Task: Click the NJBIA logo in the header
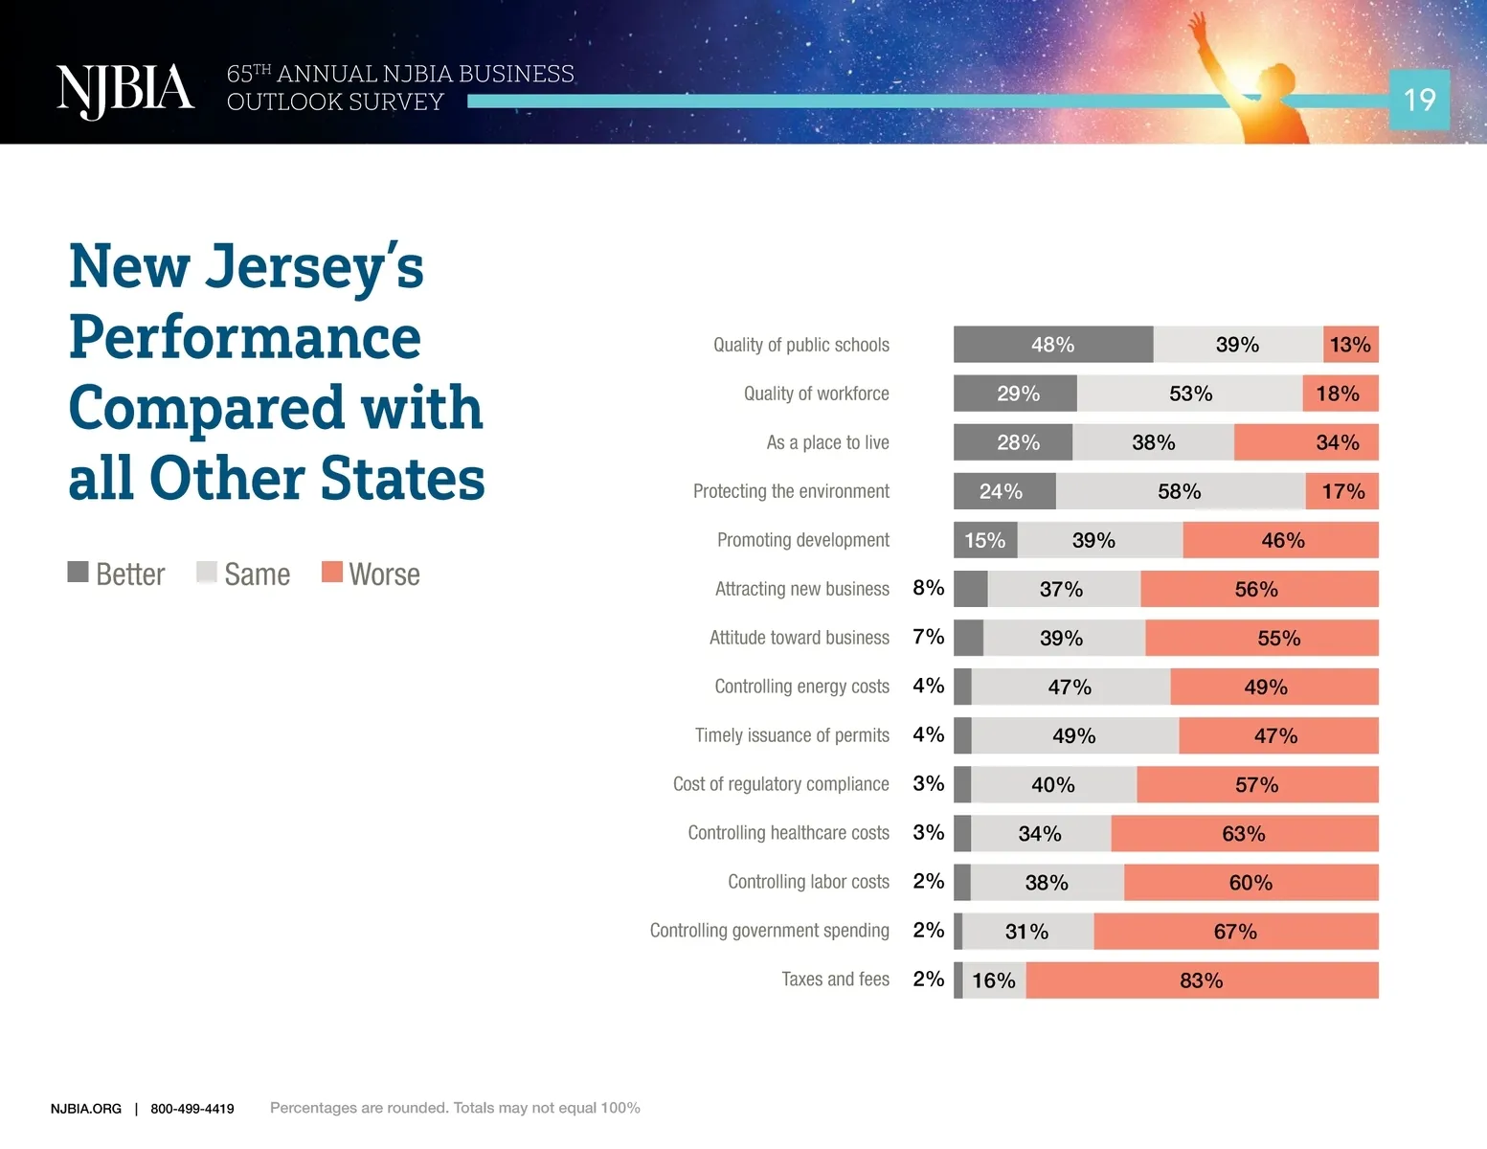click(x=124, y=90)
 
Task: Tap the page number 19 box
click(x=1419, y=100)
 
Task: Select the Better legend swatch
click(x=79, y=572)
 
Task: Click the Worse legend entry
click(x=372, y=574)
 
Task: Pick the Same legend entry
click(x=244, y=574)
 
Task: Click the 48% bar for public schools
click(x=1052, y=345)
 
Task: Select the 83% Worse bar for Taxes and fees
click(x=1202, y=980)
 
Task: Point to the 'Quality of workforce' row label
click(x=816, y=394)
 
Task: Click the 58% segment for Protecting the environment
click(x=1180, y=491)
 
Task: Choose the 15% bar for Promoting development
click(x=984, y=540)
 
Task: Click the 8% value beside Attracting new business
click(x=928, y=588)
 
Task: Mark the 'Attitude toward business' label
click(x=799, y=638)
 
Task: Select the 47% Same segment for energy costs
click(x=1070, y=687)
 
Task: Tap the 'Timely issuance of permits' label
click(x=792, y=735)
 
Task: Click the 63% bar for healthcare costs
click(x=1244, y=833)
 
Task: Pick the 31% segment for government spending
click(x=1027, y=931)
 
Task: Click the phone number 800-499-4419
click(x=192, y=1109)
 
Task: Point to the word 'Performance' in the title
click(x=245, y=337)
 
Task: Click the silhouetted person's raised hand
click(x=1196, y=24)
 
